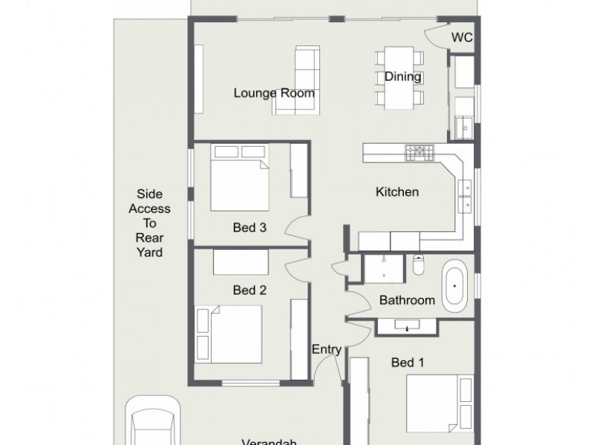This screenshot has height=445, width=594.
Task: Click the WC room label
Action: pyautogui.click(x=462, y=38)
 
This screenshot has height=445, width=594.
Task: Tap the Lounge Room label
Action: pyautogui.click(x=274, y=93)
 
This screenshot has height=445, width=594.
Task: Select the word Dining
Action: pyautogui.click(x=403, y=76)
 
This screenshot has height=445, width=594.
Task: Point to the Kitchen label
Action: pyautogui.click(x=397, y=192)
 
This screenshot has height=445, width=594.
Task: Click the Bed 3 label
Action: pyautogui.click(x=249, y=228)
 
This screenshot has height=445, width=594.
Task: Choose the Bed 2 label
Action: pyautogui.click(x=249, y=290)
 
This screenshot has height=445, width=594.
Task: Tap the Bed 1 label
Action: pyautogui.click(x=408, y=363)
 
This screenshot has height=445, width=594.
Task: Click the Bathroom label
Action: pyautogui.click(x=407, y=300)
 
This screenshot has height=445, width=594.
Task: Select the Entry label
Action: pyautogui.click(x=327, y=349)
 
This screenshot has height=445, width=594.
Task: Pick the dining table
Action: pyautogui.click(x=399, y=78)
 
